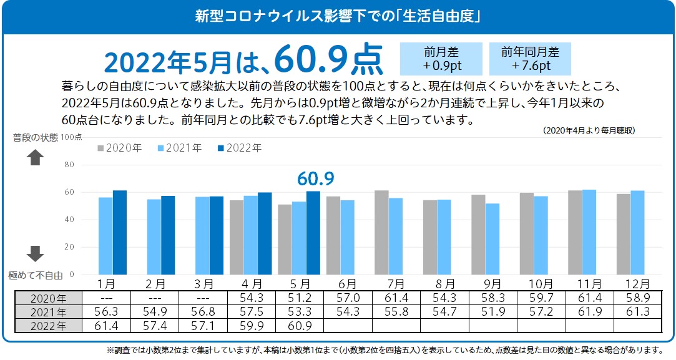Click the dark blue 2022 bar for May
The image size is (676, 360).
pos(313,232)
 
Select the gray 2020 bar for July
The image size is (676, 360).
pos(381,232)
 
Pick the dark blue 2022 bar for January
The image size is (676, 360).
pos(119,232)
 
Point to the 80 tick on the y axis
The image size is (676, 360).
pos(69,165)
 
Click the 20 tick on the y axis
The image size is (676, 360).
pos(69,247)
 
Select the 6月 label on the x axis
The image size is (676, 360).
pos(340,284)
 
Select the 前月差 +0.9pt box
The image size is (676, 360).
pos(441,59)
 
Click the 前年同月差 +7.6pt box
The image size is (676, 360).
pos(530,59)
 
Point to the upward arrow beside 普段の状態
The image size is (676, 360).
pos(35,158)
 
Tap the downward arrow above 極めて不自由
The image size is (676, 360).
pos(35,253)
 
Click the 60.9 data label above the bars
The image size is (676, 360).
pos(316,180)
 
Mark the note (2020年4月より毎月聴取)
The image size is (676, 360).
pos(589,130)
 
